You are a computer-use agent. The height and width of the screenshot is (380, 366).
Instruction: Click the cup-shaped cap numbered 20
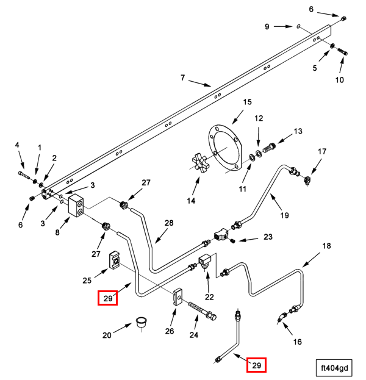142,321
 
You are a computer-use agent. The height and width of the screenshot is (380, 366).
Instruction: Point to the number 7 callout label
182,77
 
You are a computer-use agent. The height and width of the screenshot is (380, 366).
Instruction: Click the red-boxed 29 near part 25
108,298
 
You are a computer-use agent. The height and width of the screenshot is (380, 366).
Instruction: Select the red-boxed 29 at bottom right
257,365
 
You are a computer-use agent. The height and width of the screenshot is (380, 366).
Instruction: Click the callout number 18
326,246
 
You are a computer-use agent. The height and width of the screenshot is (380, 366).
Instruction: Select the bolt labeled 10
342,53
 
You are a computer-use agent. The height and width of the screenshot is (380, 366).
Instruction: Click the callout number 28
169,223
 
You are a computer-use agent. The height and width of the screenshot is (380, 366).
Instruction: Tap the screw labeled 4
24,176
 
